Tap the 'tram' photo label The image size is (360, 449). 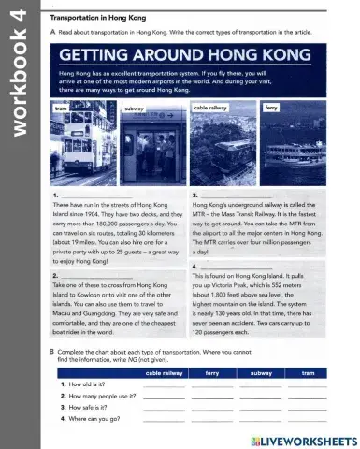tap(62, 108)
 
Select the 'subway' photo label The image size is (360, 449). tap(133, 109)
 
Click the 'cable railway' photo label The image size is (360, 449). tap(211, 109)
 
